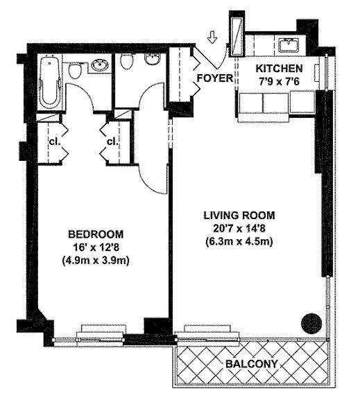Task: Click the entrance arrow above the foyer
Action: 212,37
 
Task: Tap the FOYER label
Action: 215,78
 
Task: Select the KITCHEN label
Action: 279,69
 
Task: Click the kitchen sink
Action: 289,44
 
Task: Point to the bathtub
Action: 49,81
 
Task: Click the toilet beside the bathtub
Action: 75,71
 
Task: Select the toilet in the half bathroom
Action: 126,62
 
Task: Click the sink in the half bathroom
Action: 153,59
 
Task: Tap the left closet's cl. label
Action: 55,142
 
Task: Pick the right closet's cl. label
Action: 112,142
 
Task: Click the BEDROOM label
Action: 96,234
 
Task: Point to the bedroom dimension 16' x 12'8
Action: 96,248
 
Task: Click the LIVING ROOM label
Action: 239,215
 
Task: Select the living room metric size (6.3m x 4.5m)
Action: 239,242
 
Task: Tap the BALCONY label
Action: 252,364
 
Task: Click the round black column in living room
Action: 311,323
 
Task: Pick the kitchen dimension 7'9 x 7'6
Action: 279,81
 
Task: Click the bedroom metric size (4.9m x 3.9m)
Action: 96,261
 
